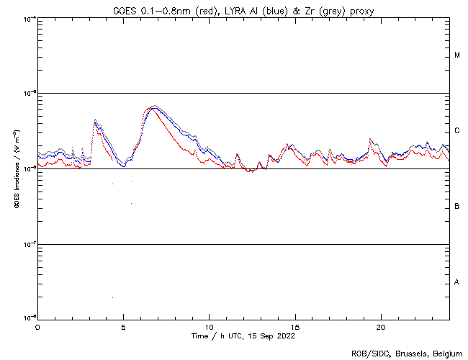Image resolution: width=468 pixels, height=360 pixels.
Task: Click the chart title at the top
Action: tap(243, 10)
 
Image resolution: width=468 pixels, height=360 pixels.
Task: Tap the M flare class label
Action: tap(457, 55)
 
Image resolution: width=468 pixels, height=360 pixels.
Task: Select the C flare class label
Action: tap(457, 131)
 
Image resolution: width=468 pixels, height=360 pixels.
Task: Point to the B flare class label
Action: tap(457, 207)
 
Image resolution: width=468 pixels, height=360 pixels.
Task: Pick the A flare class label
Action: tap(457, 282)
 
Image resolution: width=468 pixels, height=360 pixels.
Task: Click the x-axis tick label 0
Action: tap(37, 327)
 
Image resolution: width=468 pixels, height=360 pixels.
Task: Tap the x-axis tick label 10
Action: tap(209, 327)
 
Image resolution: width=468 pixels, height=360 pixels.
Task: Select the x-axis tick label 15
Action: tap(294, 327)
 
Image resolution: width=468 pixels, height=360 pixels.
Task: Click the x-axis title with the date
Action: tap(243, 336)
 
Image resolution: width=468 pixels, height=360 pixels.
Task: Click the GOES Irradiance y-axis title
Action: tap(15, 168)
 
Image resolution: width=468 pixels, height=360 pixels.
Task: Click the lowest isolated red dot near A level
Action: tap(112, 297)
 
